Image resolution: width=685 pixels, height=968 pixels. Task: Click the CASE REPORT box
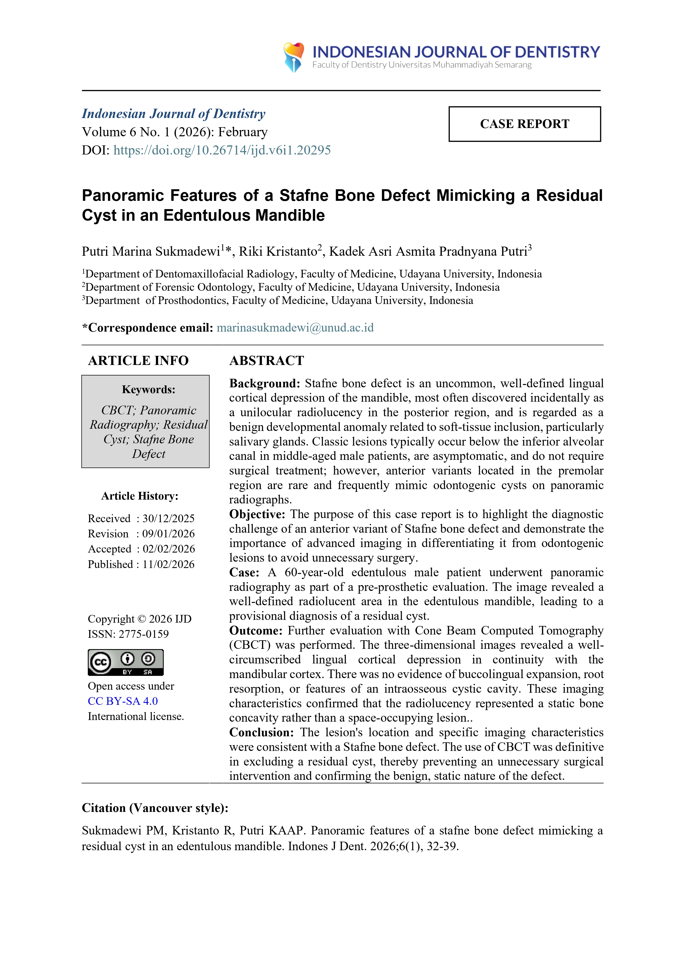pyautogui.click(x=524, y=124)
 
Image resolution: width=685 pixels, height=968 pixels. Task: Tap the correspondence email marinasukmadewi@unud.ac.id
pyautogui.click(x=295, y=327)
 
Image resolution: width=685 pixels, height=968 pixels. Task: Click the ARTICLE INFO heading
pyautogui.click(x=138, y=361)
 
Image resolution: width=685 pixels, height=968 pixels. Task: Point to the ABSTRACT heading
pyautogui.click(x=266, y=361)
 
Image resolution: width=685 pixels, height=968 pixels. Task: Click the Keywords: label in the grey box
pyautogui.click(x=149, y=390)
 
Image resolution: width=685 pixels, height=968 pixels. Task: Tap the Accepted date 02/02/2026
pyautogui.click(x=168, y=549)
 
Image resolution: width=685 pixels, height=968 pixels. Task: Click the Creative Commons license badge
pyautogui.click(x=125, y=662)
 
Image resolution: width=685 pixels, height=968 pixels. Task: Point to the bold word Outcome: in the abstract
pyautogui.click(x=255, y=631)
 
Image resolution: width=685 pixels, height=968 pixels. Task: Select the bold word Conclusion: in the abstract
pyautogui.click(x=261, y=732)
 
